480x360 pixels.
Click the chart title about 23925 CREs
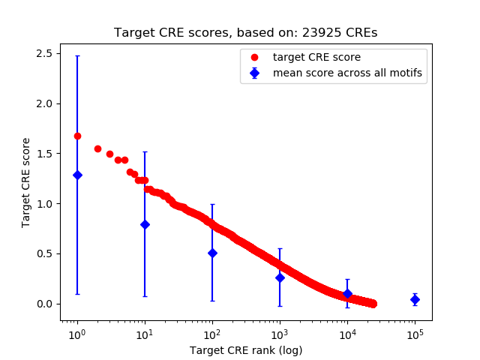[x=245, y=33]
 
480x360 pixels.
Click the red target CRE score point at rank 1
[x=77, y=136]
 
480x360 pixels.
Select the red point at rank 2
[x=97, y=148]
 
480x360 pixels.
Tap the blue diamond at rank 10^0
[x=77, y=175]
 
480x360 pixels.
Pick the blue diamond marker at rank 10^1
[x=145, y=224]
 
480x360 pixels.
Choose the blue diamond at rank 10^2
[x=212, y=253]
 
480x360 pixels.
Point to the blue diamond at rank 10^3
[x=280, y=277]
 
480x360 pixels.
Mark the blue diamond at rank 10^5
[x=415, y=299]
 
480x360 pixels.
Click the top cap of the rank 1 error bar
[x=77, y=56]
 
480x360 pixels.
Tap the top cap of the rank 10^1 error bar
[x=145, y=152]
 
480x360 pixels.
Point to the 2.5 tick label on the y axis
[x=43, y=53]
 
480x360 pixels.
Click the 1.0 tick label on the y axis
[x=43, y=203]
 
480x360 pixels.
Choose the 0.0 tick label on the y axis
[x=43, y=304]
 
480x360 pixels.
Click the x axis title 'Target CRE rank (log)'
[x=245, y=350]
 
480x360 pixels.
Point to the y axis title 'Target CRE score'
[x=26, y=182]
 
